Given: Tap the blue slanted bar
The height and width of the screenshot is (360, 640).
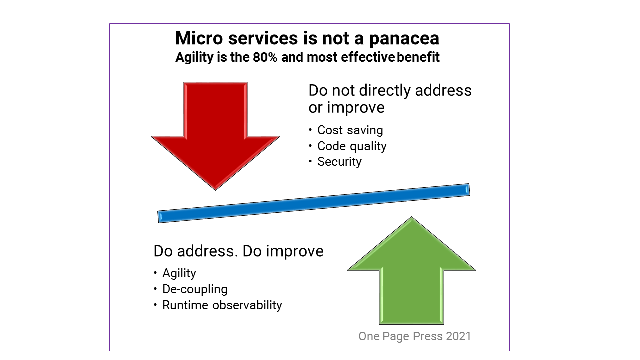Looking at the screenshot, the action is click(x=314, y=203).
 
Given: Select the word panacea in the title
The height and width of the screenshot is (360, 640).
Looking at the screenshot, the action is click(x=404, y=38).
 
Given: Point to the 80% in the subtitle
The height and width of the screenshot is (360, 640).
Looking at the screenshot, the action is click(x=265, y=57).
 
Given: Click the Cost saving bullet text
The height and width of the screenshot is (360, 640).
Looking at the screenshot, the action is click(x=350, y=130).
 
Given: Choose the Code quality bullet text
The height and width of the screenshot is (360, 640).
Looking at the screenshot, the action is click(x=352, y=146).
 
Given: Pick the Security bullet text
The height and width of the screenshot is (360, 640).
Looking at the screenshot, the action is click(x=339, y=162).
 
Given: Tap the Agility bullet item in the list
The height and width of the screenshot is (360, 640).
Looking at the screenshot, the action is click(x=179, y=273).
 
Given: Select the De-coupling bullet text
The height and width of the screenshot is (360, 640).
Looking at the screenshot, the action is click(x=195, y=289).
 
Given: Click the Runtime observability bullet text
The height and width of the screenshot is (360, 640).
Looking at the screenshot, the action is click(x=222, y=305).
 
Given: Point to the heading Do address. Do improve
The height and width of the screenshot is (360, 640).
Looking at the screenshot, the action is click(x=239, y=251).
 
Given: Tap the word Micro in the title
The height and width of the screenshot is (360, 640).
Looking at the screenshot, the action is click(x=199, y=38).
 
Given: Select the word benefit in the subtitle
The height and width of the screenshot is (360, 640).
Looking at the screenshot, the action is click(x=418, y=57).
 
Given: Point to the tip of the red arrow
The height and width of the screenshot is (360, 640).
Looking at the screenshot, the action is click(x=215, y=190).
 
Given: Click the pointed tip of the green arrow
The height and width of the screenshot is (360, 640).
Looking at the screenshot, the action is click(x=411, y=217).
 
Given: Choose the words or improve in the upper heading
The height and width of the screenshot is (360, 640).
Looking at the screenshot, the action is click(x=346, y=108).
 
